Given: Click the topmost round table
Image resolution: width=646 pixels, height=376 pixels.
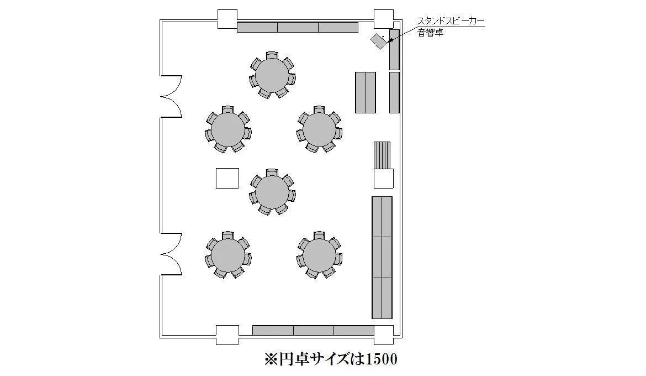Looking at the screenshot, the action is (272, 75).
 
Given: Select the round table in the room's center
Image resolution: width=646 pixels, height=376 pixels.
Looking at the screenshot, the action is (272, 191).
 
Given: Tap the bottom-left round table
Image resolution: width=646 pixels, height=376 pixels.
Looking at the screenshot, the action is (228, 255).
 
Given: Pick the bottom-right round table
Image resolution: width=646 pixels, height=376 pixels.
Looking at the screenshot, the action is (319, 255).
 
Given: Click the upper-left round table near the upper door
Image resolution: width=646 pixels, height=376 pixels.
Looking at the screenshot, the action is (228, 129).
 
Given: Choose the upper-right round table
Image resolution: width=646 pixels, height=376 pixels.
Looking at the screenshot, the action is (319, 129).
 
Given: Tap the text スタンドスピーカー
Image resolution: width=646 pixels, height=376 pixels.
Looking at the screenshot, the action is (451, 21).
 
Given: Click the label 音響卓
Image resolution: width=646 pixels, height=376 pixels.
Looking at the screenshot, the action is (431, 33).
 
